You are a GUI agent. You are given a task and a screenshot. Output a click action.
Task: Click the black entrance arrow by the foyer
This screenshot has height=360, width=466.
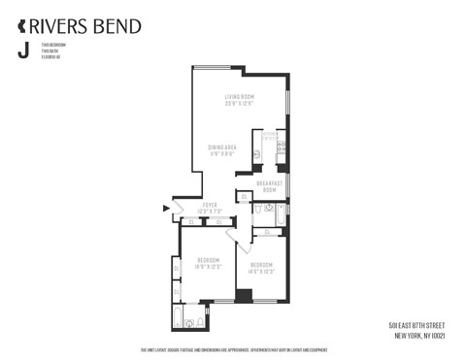point(165,208)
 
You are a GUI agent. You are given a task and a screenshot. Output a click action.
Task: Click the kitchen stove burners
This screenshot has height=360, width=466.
point(282,148)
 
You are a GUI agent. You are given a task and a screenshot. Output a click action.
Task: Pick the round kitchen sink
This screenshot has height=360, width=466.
point(256,154)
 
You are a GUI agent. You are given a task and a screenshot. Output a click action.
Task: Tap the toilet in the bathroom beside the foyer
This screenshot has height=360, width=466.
point(257,208)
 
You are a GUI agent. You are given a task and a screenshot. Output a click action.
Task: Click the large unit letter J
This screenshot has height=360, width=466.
point(22,51)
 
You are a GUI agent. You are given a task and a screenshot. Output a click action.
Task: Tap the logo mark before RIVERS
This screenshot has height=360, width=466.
point(21,26)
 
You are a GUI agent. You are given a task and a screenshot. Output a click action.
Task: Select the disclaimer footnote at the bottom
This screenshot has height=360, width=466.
point(233,350)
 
